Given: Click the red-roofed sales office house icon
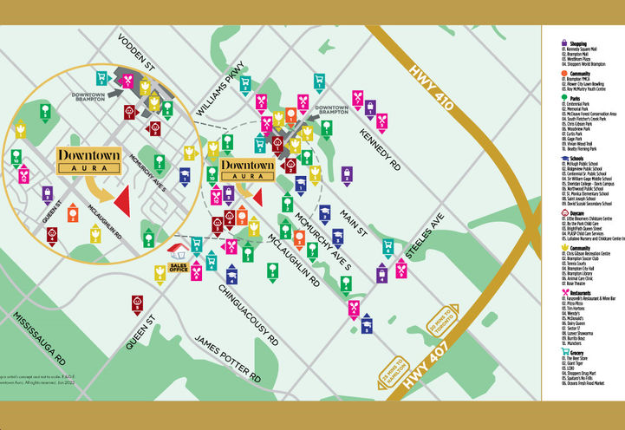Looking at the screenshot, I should click(x=179, y=253).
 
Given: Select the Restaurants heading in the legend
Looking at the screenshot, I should click(x=576, y=293).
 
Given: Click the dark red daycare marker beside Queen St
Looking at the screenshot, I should click(x=137, y=303).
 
